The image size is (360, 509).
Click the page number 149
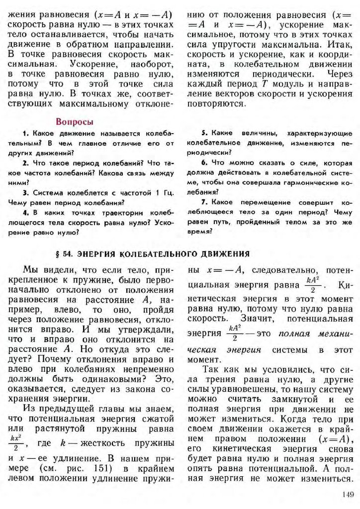pos(347,495)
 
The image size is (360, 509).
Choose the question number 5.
pos(204,134)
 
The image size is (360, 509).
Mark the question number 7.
pos(204,202)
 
